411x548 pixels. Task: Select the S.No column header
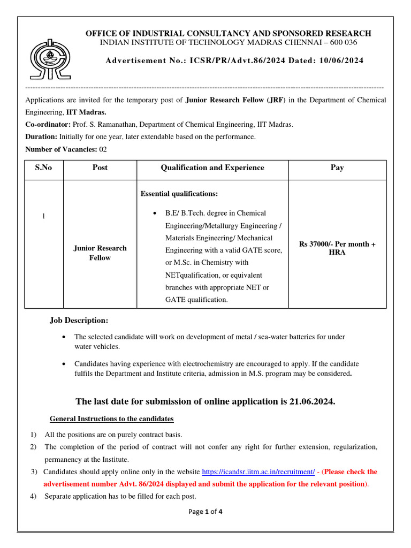(44, 168)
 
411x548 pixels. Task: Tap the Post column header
(100, 168)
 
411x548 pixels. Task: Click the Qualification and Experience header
(212, 168)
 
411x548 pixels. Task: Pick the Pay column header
(337, 168)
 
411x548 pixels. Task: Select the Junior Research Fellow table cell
(100, 253)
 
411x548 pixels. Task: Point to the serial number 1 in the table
(44, 216)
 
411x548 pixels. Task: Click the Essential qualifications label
(179, 194)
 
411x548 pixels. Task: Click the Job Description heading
(79, 321)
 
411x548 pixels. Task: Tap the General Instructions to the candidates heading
(111, 418)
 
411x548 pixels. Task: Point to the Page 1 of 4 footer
(205, 512)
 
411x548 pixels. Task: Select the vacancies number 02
(104, 149)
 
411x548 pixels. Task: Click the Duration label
(41, 137)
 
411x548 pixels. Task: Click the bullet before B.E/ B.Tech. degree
(155, 214)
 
